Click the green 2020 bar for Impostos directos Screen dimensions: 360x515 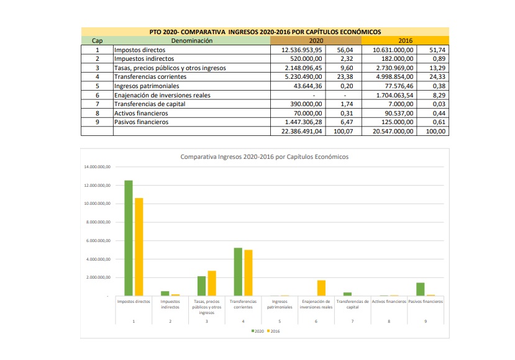pos(129,238)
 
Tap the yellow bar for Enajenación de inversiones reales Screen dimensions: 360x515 pos(321,288)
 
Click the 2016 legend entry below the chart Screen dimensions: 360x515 pos(273,331)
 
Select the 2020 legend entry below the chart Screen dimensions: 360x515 pos(257,331)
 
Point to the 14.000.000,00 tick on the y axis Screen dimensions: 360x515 pos(97,168)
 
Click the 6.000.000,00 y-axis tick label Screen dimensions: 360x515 pos(98,241)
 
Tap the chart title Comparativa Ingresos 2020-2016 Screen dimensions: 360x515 pos(264,157)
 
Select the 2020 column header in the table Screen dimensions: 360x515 pos(316,40)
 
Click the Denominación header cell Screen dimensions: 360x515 pos(191,40)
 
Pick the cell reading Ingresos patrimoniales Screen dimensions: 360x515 pos(147,86)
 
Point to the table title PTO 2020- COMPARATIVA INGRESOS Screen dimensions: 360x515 pos(265,31)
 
